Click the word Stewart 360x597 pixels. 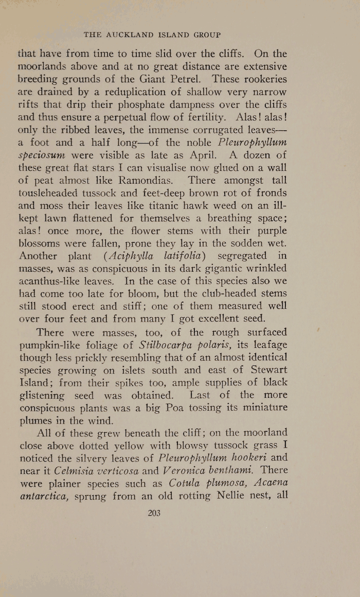(261, 370)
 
